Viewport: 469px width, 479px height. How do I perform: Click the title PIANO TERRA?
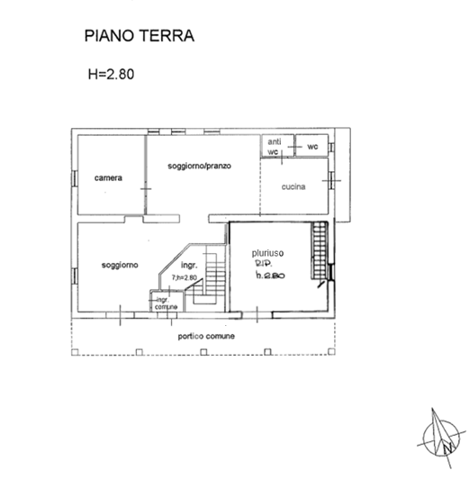point(139,37)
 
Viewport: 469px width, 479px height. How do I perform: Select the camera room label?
point(109,177)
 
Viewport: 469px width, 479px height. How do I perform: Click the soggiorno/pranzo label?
point(199,167)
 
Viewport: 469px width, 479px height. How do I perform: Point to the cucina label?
point(293,187)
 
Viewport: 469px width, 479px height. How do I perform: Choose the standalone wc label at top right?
point(312,146)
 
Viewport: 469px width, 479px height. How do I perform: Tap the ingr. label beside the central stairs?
point(189,267)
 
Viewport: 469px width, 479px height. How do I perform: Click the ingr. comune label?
point(166,303)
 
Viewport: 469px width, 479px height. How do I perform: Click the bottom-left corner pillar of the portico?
point(75,352)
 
